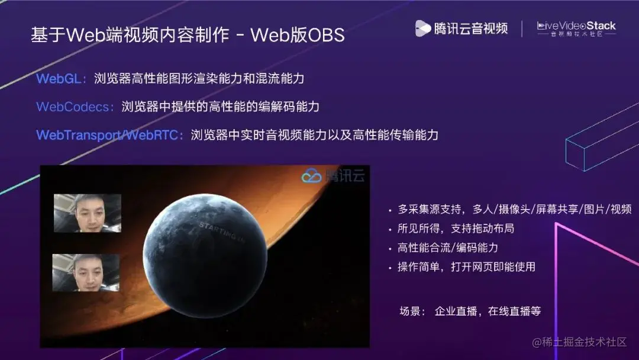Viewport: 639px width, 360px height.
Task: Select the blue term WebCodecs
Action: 75,107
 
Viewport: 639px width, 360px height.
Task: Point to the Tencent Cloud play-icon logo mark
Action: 422,28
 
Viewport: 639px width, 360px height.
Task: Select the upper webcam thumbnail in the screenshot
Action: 87,213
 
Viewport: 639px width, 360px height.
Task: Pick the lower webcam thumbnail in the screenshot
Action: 86,273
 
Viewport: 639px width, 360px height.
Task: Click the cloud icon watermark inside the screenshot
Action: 311,175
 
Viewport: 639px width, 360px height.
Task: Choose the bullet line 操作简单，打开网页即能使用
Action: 466,267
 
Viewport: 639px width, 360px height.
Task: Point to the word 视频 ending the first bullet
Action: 620,210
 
